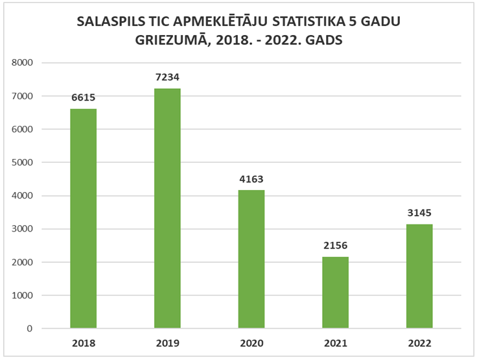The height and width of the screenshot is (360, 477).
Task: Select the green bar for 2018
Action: [x=83, y=219]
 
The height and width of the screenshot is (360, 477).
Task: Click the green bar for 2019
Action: [x=167, y=208]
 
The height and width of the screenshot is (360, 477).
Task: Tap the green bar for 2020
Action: [x=251, y=259]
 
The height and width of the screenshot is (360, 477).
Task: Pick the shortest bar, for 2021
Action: [x=335, y=293]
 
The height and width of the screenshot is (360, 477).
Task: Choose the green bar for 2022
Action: [x=419, y=276]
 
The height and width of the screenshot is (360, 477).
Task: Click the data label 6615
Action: [x=83, y=97]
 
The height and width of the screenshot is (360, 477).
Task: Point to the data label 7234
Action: [x=167, y=77]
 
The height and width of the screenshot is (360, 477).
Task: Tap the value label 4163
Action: [x=251, y=178]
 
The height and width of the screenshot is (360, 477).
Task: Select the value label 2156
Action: [x=335, y=245]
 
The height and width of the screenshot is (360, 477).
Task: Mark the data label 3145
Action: [x=419, y=212]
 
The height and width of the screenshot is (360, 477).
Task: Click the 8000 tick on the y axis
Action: [x=22, y=63]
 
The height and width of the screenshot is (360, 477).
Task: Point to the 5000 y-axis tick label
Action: [x=22, y=163]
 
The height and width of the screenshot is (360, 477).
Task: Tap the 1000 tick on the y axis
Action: [x=22, y=296]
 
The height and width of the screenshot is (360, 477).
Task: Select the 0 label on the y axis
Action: [x=30, y=329]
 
